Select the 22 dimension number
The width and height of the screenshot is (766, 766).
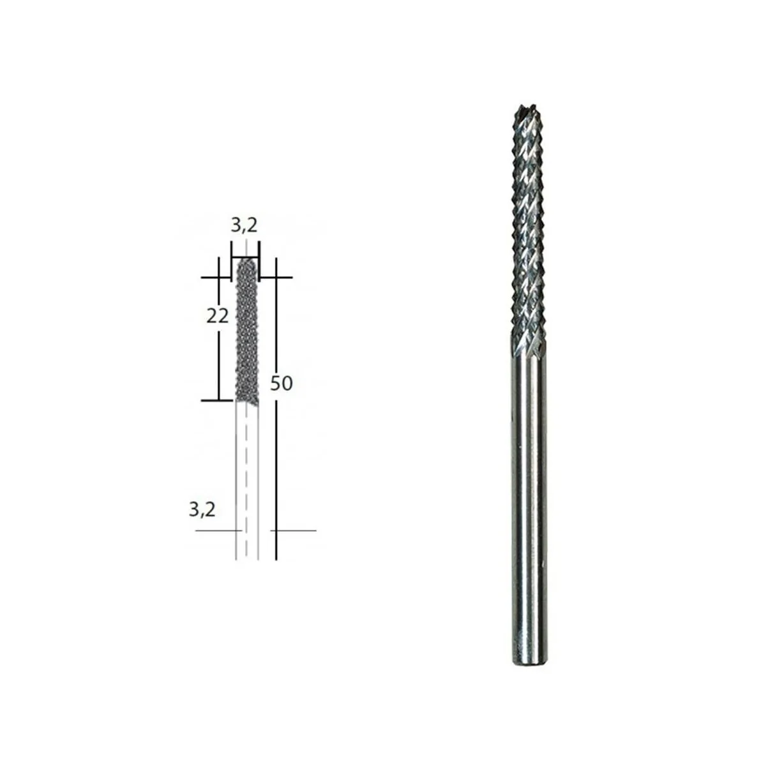217,316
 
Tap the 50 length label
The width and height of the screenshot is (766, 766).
281,384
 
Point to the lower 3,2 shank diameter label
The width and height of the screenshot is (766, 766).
202,509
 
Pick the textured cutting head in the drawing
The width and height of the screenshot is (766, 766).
246,332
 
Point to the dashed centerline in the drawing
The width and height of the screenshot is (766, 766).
246,479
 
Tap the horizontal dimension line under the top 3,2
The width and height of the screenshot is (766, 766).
245,259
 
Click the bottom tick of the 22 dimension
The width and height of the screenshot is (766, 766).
217,401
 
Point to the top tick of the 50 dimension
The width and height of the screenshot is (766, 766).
278,277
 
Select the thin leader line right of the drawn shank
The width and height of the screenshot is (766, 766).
294,530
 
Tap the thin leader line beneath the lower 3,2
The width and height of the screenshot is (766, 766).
217,530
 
